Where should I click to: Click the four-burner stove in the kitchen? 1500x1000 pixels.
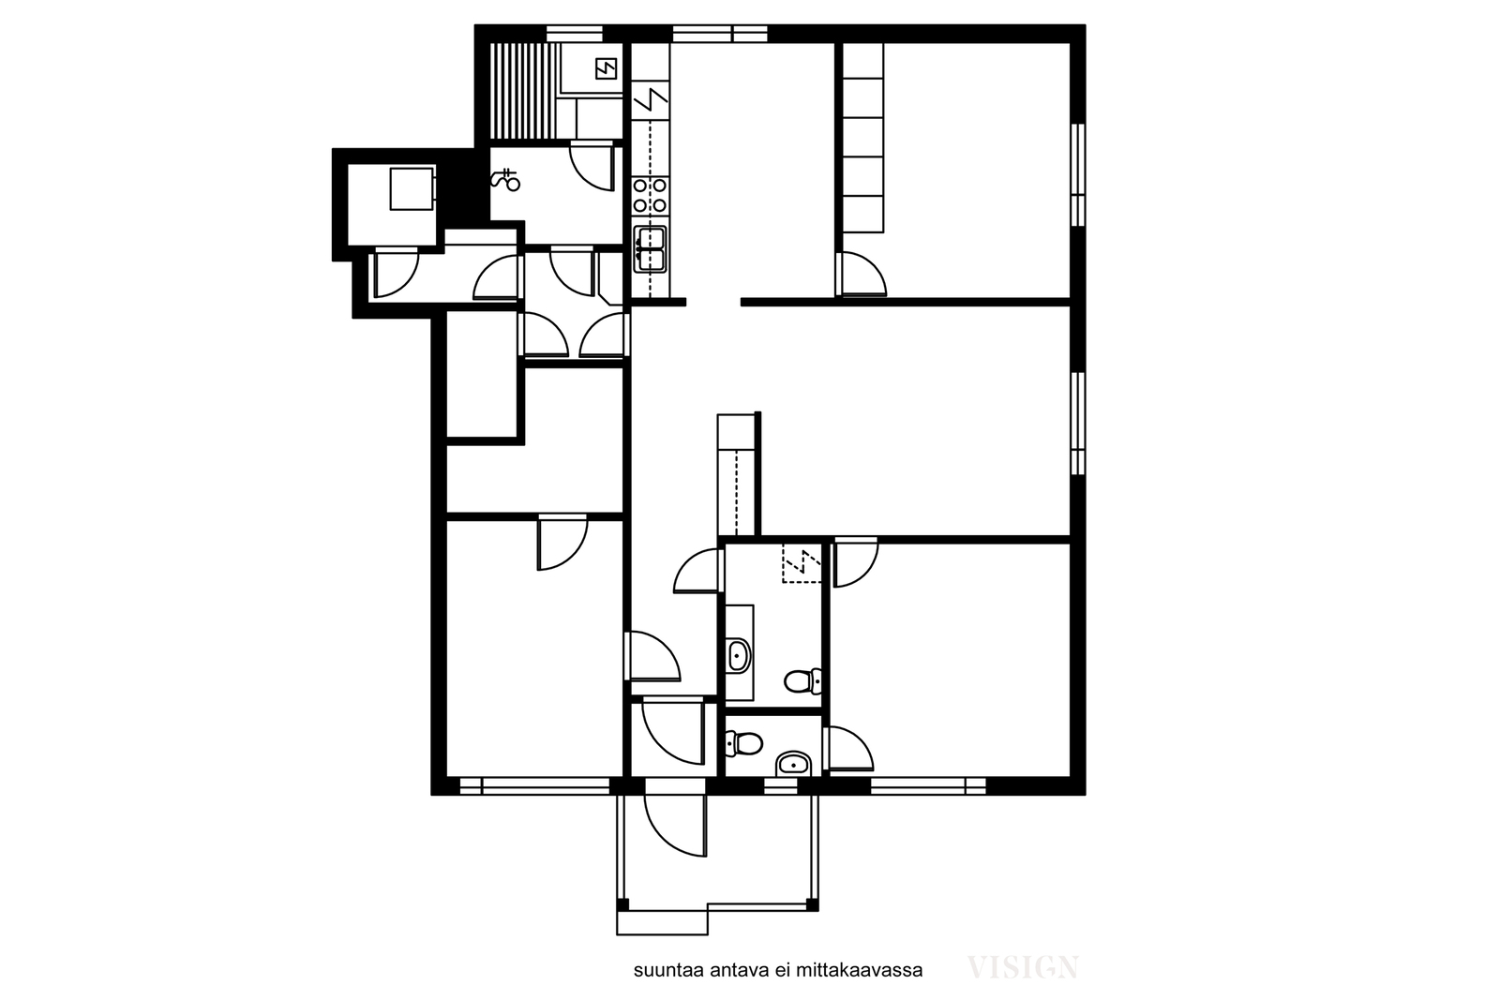click(x=651, y=196)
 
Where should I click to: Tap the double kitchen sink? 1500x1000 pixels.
click(x=651, y=249)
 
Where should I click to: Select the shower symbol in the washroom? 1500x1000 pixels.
click(x=505, y=179)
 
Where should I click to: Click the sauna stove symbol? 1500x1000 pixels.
click(x=606, y=67)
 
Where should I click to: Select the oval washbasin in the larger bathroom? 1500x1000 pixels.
click(x=739, y=657)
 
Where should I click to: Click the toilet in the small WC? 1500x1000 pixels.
click(x=744, y=743)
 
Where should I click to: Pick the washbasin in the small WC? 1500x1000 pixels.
click(x=793, y=764)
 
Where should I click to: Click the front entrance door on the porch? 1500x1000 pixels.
click(x=675, y=826)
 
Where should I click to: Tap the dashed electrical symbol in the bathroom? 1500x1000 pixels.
click(x=802, y=564)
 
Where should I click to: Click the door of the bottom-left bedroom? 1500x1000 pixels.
click(x=562, y=543)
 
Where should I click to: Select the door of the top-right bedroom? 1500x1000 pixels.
click(x=862, y=274)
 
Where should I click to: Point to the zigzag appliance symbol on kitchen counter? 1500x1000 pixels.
click(x=651, y=100)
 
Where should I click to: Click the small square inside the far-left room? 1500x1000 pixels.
click(x=412, y=188)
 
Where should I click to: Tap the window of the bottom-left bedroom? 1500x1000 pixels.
click(x=535, y=785)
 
